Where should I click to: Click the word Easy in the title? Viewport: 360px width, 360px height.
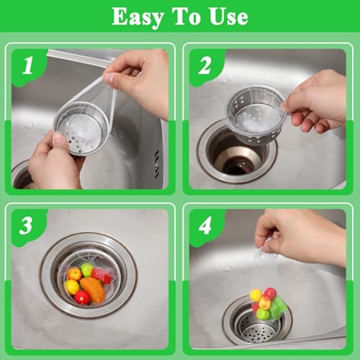[138, 17]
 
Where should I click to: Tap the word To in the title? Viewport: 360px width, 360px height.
[186, 16]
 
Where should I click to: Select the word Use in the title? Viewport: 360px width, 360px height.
[229, 17]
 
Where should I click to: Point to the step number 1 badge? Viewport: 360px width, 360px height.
[28, 67]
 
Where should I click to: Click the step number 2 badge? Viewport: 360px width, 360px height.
[206, 67]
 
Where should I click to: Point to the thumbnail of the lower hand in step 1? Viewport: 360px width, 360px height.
[58, 138]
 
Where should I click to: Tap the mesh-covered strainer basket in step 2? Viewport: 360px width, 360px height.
[256, 114]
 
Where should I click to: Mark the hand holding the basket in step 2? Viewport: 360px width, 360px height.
[315, 102]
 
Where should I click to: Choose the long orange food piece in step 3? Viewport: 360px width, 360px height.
[93, 289]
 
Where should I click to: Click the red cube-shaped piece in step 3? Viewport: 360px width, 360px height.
[102, 276]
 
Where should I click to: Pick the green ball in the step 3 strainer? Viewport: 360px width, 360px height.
[86, 269]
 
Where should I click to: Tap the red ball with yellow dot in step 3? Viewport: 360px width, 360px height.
[82, 297]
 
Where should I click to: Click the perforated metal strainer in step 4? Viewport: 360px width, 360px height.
[258, 325]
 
